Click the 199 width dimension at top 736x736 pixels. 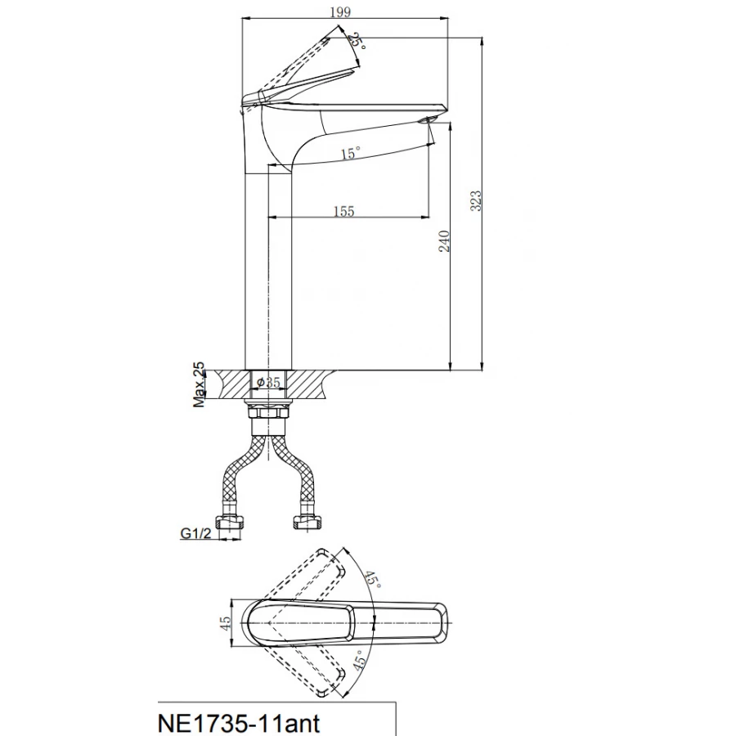[340, 11]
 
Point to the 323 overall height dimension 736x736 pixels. [475, 200]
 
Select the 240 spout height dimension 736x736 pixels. [444, 240]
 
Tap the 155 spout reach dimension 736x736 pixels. [343, 211]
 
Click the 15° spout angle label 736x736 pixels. [351, 153]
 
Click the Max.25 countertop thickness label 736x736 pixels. [200, 384]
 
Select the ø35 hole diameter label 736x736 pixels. [269, 383]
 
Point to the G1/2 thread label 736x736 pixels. [195, 533]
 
